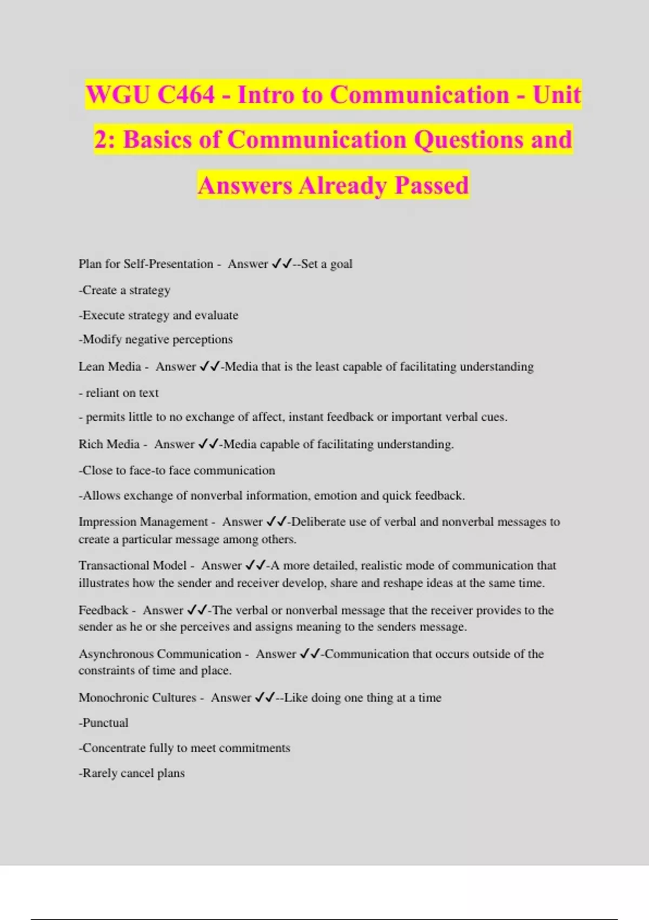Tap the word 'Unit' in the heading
[x=557, y=95]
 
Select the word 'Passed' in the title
[x=431, y=185]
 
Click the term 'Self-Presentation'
[x=168, y=264]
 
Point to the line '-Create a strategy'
[x=124, y=290]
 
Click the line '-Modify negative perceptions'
[x=156, y=339]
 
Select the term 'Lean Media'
[x=110, y=366]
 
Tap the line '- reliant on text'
[x=118, y=393]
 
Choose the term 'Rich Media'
[x=109, y=444]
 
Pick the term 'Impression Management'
[x=143, y=522]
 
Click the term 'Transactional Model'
[x=133, y=566]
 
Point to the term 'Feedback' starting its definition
[x=103, y=610]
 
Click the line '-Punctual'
[x=104, y=723]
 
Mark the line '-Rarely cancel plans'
[x=132, y=773]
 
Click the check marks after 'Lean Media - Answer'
[x=209, y=366]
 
